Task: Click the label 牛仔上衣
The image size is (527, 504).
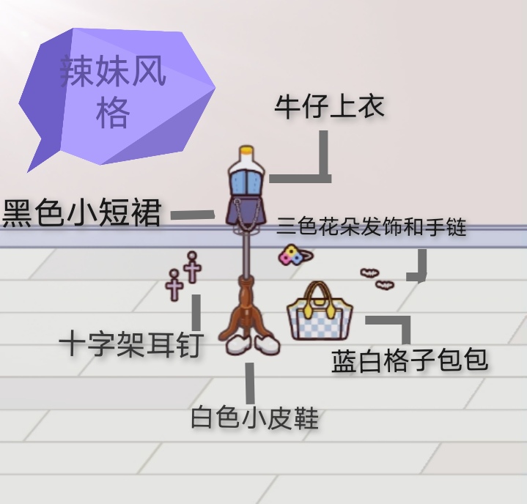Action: [329, 106]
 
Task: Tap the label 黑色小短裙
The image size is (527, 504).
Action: [81, 213]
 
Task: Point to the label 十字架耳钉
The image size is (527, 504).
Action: [131, 344]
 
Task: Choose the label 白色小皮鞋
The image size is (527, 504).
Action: [254, 418]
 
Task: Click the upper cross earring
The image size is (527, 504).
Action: [192, 267]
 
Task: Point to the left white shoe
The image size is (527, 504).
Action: [238, 344]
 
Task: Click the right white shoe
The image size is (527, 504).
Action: [267, 344]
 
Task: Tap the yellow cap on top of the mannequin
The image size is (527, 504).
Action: [247, 150]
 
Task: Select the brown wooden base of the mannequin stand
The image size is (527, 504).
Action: [247, 311]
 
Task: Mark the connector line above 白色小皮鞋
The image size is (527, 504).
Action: [250, 383]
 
